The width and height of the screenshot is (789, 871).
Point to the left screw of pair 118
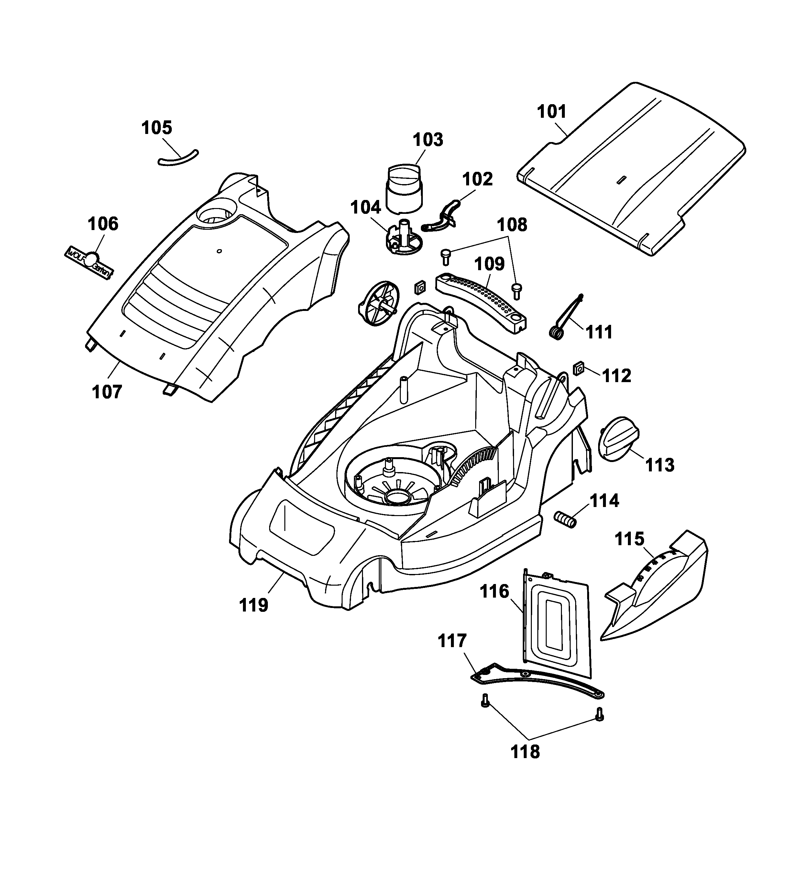tap(485, 700)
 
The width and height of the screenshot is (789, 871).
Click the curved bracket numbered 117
tap(535, 680)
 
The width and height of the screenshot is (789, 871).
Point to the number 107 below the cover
tap(107, 392)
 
